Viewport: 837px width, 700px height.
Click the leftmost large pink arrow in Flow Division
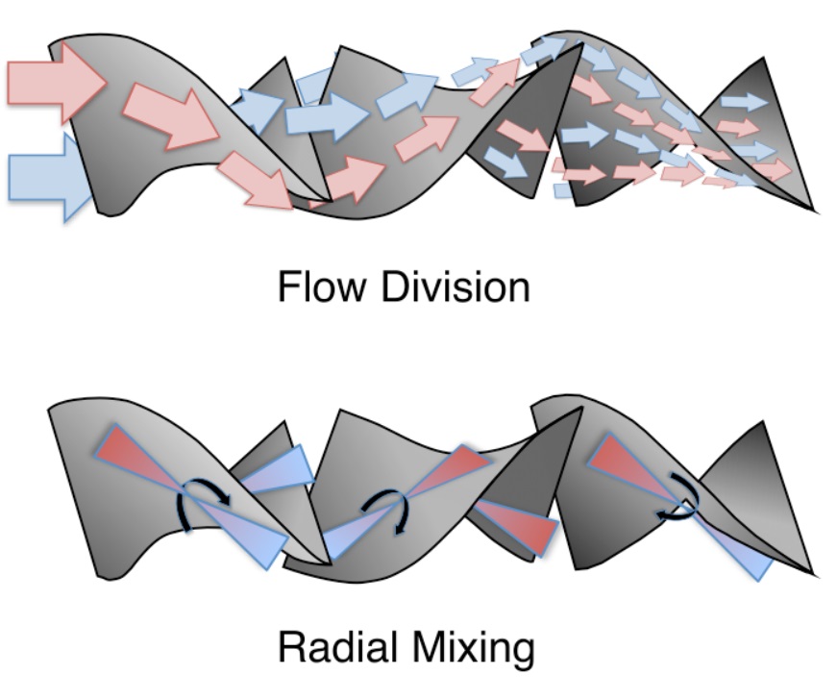(x=56, y=83)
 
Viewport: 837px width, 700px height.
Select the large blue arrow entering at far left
(x=48, y=177)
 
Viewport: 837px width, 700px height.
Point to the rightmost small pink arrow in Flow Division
(x=774, y=170)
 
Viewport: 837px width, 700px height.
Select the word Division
(x=455, y=287)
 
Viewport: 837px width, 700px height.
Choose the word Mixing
(x=474, y=650)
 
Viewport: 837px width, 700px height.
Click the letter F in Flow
(x=290, y=287)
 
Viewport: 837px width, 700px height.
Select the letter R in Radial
(x=292, y=647)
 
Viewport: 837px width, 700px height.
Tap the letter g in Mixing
(x=523, y=655)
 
